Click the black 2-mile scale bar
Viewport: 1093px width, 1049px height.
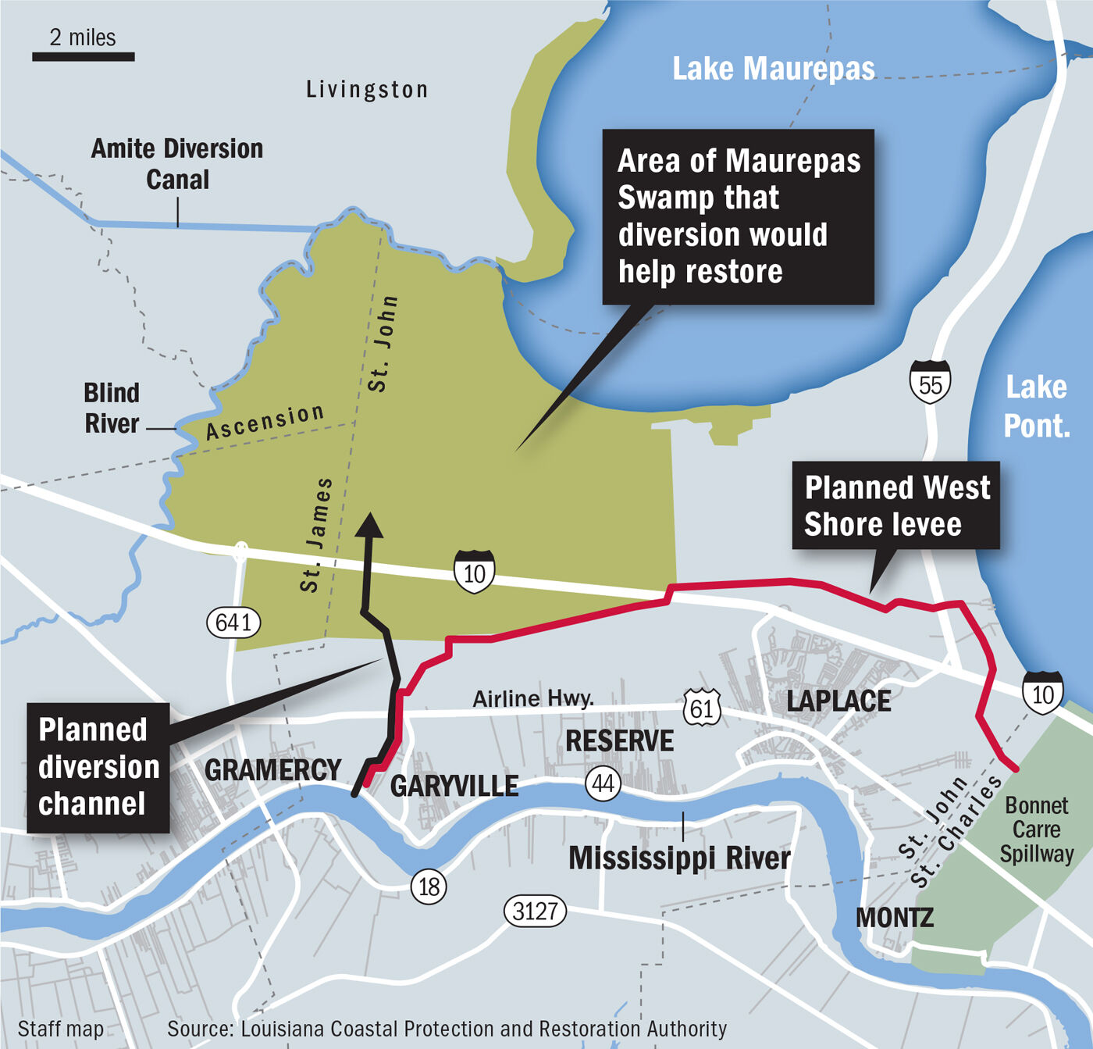[83, 56]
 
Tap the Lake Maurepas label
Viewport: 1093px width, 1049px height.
[773, 69]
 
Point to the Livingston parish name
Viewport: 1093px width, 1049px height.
[367, 90]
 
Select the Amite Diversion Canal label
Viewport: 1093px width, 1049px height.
[177, 164]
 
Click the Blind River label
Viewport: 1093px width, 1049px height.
[112, 408]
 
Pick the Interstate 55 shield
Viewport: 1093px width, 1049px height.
[930, 383]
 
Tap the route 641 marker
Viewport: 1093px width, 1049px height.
[233, 623]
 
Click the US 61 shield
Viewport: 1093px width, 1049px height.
[701, 707]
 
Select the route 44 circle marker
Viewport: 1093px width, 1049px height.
[603, 783]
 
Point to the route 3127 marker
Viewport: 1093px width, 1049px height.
[535, 911]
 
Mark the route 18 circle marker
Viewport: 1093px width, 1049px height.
[429, 886]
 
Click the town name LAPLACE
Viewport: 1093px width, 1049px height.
[838, 701]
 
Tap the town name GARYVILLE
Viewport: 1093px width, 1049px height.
[454, 786]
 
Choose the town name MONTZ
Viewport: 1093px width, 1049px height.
[895, 917]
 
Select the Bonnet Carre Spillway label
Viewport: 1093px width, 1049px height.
[1036, 829]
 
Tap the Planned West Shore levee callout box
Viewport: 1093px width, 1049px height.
[895, 505]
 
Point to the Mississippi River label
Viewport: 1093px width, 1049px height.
[679, 858]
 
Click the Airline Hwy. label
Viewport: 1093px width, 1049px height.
[533, 698]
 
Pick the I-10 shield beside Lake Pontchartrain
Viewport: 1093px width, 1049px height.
[1042, 693]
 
